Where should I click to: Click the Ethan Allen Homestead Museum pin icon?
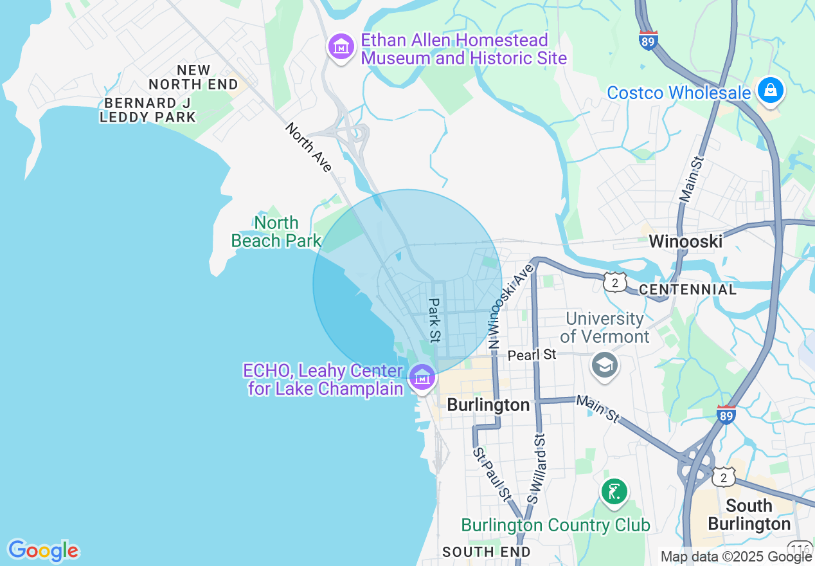point(341,47)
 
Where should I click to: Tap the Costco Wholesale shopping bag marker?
point(769,91)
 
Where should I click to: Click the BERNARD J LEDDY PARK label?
point(148,110)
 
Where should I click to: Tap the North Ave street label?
point(309,148)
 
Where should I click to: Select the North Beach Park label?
point(276,232)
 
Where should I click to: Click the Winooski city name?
point(685,241)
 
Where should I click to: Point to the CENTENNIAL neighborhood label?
point(688,289)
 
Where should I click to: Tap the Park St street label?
point(435,320)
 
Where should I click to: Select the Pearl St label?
point(532,355)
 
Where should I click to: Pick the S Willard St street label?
point(536,468)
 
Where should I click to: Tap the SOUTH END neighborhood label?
point(487,552)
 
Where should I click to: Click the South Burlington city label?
point(749,515)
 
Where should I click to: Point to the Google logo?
point(43,551)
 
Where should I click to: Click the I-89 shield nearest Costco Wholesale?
point(649,41)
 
